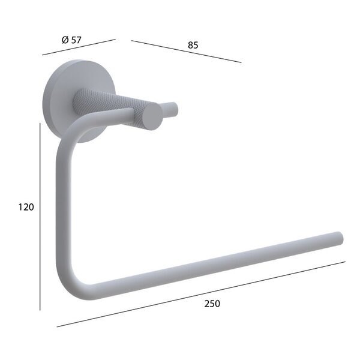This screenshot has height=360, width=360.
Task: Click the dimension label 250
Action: click(212, 304)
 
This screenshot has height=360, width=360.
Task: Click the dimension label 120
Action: click(26, 207)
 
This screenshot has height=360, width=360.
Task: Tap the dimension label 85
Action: click(193, 45)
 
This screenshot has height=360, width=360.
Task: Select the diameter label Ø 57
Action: click(71, 40)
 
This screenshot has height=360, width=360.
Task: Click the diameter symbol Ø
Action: click(65, 40)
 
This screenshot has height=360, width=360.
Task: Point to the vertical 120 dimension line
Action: click(40, 217)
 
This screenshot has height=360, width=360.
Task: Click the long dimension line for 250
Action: click(201, 294)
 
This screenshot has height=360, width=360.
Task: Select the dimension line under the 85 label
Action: click(186, 52)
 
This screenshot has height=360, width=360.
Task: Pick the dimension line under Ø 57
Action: click(79, 47)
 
